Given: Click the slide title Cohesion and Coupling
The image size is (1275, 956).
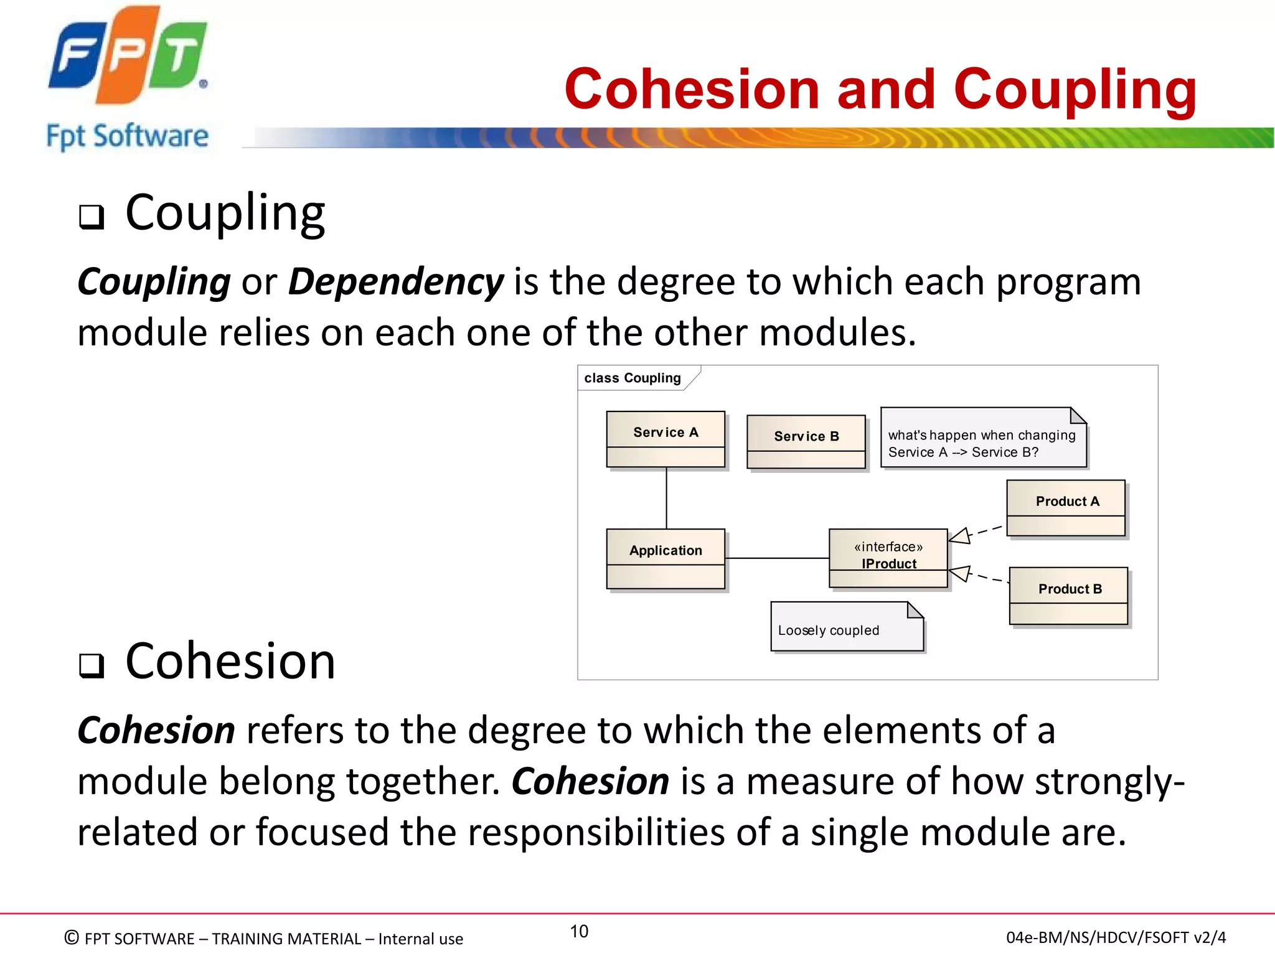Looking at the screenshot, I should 880,89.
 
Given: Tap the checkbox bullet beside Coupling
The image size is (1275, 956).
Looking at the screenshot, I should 92,217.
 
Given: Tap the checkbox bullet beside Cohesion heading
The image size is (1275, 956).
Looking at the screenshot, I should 92,665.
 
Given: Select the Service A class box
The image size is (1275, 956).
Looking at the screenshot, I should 666,439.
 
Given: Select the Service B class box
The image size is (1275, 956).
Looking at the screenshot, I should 806,441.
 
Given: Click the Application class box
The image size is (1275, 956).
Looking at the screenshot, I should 666,558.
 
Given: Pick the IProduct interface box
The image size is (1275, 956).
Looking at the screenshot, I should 888,558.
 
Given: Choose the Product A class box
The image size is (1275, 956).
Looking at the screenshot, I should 1066,507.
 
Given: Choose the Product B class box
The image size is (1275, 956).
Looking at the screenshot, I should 1068,595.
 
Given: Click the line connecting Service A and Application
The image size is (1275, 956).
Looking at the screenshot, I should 666,498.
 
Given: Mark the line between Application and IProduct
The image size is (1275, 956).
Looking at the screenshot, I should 777,558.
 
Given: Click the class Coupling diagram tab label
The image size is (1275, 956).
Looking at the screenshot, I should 633,378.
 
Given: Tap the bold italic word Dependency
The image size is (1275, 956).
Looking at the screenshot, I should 395,282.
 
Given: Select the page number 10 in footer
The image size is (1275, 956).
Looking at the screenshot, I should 579,931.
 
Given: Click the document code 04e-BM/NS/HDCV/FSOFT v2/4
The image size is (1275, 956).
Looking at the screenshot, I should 1116,937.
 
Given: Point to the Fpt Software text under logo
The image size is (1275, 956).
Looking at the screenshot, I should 128,136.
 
